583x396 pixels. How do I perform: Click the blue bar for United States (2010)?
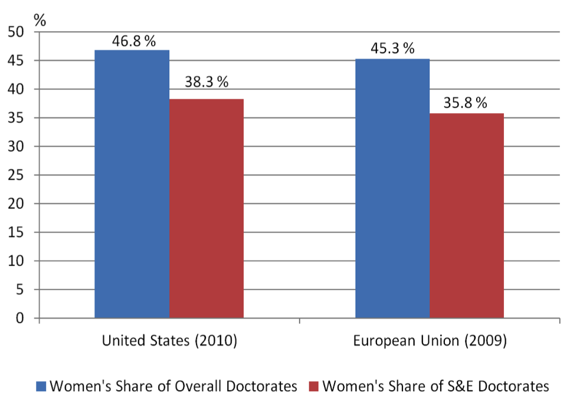click(x=132, y=184)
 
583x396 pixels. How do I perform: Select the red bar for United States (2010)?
click(x=207, y=209)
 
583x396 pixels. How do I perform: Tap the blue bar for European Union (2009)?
click(x=392, y=189)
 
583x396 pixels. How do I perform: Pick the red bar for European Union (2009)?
click(x=467, y=216)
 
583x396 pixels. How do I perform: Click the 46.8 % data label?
click(x=133, y=41)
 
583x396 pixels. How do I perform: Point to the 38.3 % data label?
click(x=207, y=82)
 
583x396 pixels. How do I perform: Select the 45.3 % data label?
click(x=392, y=48)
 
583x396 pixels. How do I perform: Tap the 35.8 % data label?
click(x=466, y=104)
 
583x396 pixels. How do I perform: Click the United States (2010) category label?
click(x=169, y=341)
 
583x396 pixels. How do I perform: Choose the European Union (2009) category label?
click(x=430, y=341)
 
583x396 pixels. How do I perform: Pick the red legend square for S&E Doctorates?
click(x=313, y=386)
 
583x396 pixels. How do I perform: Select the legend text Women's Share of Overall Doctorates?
click(x=173, y=386)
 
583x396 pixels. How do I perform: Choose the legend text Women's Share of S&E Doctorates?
click(x=434, y=386)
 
